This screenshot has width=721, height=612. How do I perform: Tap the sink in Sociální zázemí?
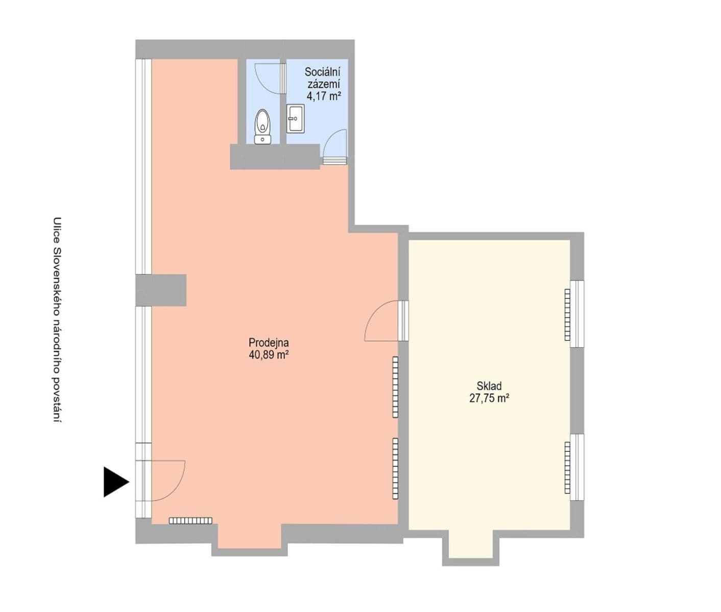coord(295,118)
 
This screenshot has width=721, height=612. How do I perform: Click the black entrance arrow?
coord(115,481)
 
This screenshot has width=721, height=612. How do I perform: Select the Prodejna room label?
coord(269,343)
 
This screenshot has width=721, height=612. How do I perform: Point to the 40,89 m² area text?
coord(269,355)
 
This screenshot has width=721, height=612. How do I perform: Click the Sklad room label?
coord(489,386)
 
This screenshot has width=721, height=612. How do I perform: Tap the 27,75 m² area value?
coord(489,398)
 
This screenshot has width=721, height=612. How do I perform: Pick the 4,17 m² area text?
coord(323,95)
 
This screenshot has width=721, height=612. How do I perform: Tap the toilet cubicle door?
coord(270,78)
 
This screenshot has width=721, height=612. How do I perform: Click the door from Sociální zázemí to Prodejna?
coord(335,146)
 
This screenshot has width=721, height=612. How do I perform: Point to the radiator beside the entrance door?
coord(190,521)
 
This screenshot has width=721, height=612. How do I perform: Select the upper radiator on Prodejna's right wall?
coord(395,387)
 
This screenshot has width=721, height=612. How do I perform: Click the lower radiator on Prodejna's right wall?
coord(395,468)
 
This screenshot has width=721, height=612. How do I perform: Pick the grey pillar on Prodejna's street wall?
coord(161,290)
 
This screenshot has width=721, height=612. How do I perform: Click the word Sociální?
coord(322,72)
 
